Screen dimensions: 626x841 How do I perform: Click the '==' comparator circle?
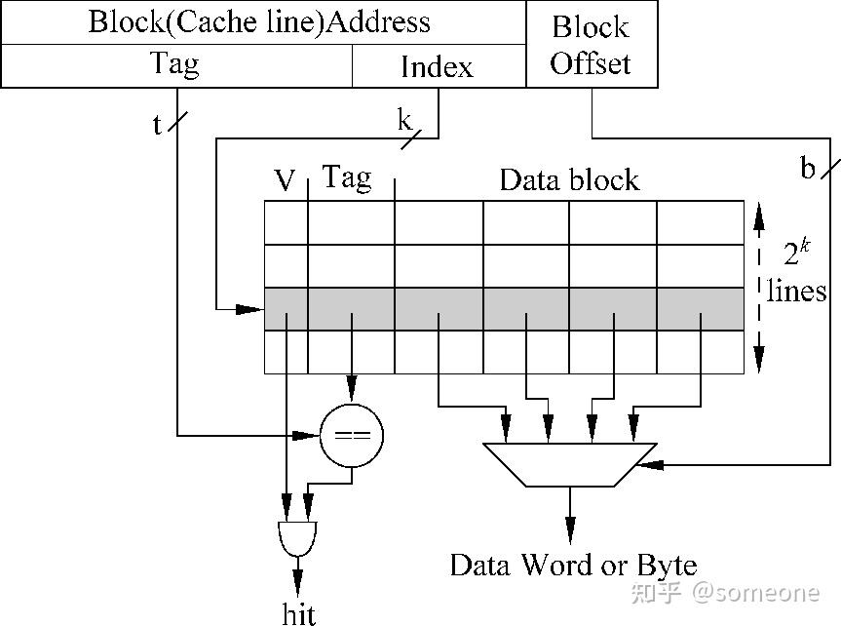[352, 435]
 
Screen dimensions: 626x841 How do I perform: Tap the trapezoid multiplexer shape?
[570, 463]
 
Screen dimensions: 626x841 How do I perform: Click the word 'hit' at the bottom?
[298, 611]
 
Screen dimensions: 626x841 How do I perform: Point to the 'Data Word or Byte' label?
[573, 565]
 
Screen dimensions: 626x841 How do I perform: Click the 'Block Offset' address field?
[592, 45]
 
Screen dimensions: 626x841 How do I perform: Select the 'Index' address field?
[438, 66]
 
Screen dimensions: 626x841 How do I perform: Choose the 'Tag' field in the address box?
[175, 64]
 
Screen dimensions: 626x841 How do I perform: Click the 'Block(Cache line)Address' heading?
[259, 21]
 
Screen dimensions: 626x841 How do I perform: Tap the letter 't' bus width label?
[157, 126]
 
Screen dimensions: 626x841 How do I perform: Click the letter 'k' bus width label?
[404, 121]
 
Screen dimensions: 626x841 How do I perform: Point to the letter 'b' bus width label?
[807, 169]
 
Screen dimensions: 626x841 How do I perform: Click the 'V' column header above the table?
[285, 180]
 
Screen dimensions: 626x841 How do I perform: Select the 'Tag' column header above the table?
[347, 177]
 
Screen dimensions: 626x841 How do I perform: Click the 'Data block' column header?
[569, 179]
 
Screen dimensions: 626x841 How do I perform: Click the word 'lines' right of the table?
[797, 290]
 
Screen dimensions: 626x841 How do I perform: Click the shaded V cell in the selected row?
[286, 309]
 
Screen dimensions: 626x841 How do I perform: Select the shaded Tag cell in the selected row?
[351, 309]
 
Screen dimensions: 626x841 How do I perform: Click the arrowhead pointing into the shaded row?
[255, 309]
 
